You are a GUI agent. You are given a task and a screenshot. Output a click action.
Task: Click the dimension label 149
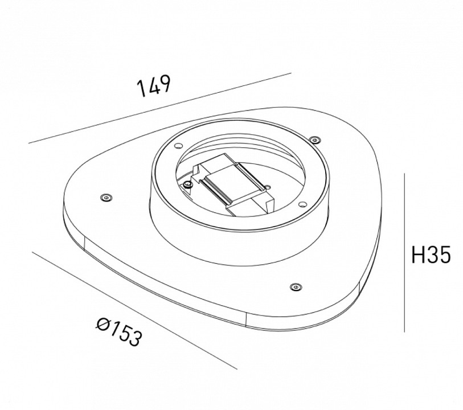click(x=153, y=86)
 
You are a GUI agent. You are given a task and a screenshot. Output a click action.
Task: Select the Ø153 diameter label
click(x=119, y=333)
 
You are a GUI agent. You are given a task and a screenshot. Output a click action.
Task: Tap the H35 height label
click(x=431, y=255)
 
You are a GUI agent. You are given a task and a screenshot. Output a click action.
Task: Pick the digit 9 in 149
click(x=164, y=83)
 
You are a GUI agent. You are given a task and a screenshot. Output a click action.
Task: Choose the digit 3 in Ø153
click(x=133, y=340)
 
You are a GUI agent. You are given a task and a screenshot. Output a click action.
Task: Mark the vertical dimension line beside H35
click(x=404, y=253)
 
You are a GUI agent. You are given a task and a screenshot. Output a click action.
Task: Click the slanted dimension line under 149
click(x=159, y=108)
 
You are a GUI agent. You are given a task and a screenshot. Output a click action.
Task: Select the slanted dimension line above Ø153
click(x=134, y=310)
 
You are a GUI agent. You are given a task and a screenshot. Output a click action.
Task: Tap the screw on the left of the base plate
click(x=105, y=198)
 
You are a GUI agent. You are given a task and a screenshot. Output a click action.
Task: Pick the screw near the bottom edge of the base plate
click(x=294, y=286)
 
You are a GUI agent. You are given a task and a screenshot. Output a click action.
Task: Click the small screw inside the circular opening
click(x=187, y=184)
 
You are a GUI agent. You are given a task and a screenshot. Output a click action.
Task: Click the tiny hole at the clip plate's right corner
click(x=266, y=186)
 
